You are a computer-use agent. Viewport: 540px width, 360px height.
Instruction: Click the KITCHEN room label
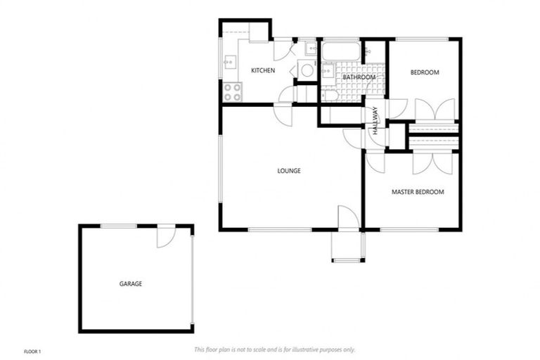(x=263, y=71)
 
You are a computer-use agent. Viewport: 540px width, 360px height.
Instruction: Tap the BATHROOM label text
(x=359, y=77)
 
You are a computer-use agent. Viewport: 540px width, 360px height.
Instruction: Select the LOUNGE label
(x=289, y=171)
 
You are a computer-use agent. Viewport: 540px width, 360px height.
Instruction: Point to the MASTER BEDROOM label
(x=418, y=192)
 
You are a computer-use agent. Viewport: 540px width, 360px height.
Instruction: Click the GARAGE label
(x=130, y=284)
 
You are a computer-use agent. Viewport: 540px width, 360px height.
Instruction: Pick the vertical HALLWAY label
(x=375, y=121)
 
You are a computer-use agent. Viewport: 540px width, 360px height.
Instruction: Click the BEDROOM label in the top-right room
(x=425, y=72)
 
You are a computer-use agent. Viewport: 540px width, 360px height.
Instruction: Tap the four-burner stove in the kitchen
(x=233, y=90)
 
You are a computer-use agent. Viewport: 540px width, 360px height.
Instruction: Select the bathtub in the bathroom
(x=341, y=52)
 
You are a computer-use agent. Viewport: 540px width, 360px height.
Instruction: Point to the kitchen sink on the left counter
(x=229, y=62)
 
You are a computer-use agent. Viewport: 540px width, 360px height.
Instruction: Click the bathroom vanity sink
(x=327, y=71)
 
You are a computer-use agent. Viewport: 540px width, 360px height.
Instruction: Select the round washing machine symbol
(x=306, y=70)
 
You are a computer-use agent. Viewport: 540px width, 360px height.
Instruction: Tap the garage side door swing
(x=165, y=237)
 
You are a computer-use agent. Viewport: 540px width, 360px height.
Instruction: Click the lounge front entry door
(x=348, y=217)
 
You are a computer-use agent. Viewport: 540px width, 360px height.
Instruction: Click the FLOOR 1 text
(x=33, y=350)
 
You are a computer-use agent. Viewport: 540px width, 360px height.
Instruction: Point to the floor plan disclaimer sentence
(x=274, y=349)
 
